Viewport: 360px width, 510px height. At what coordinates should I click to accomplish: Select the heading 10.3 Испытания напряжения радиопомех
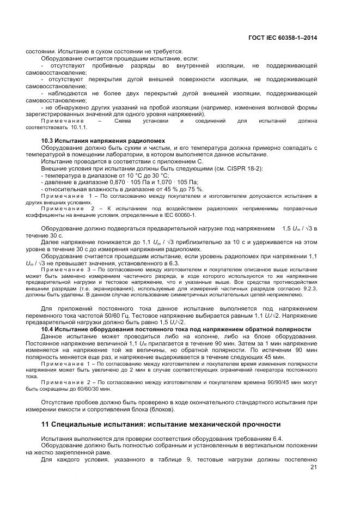103,141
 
